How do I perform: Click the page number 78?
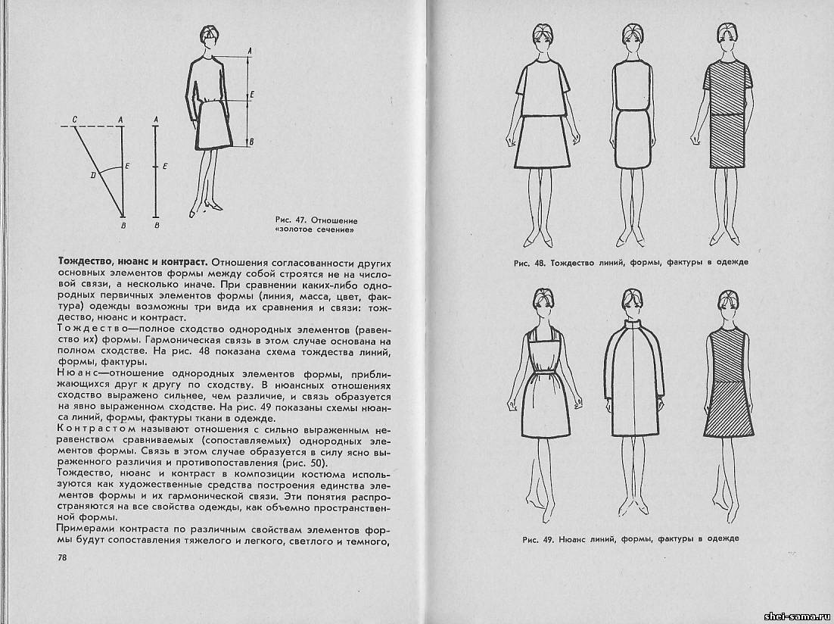(62, 557)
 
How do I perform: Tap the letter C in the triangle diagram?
(74, 119)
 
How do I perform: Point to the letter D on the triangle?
(92, 175)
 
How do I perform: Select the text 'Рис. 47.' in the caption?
(291, 217)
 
